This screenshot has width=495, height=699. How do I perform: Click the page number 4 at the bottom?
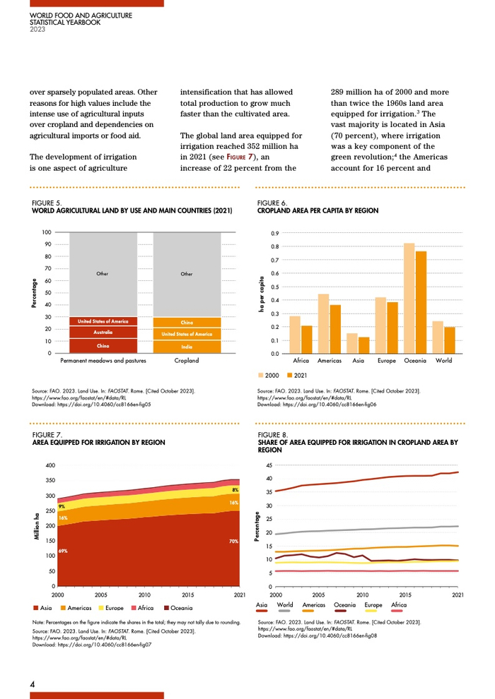[33, 684]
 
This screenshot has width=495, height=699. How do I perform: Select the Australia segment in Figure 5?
[103, 332]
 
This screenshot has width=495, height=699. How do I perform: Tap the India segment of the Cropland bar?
[187, 347]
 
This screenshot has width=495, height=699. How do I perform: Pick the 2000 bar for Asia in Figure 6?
[352, 343]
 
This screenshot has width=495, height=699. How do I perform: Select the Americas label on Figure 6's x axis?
[330, 361]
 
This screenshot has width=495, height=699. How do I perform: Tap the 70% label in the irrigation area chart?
[233, 542]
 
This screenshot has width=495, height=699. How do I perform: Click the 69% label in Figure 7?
[63, 551]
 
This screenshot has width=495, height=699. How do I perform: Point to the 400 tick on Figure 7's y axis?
[49, 466]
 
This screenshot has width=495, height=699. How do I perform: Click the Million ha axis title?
[35, 527]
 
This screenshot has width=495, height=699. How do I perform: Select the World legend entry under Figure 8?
[285, 605]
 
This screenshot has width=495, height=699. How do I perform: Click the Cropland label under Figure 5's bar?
[187, 361]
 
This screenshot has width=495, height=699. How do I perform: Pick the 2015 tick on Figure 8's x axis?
[407, 595]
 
